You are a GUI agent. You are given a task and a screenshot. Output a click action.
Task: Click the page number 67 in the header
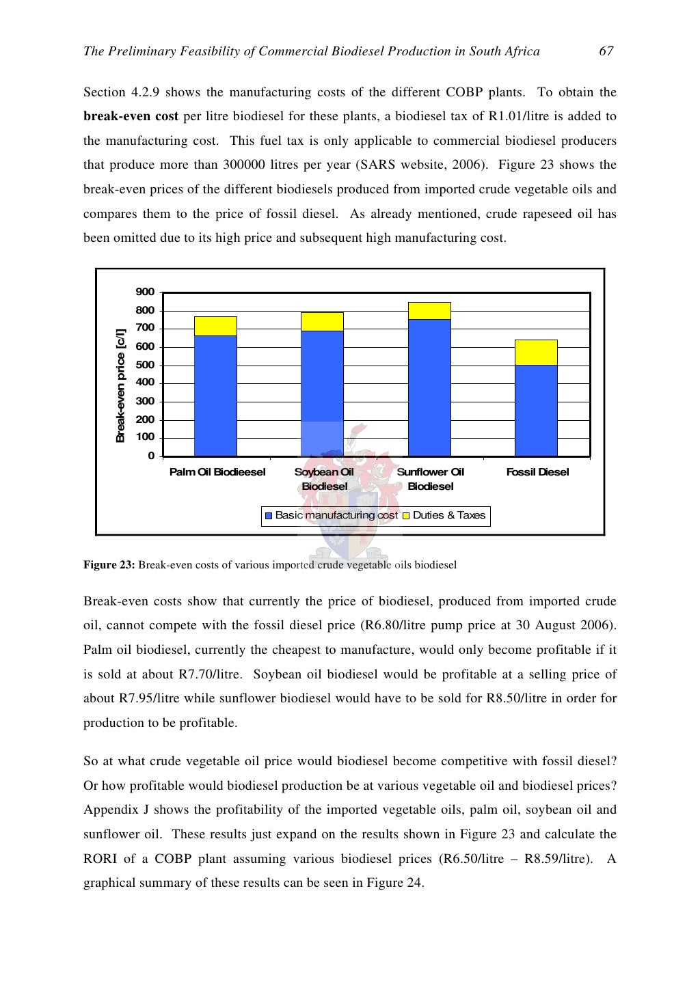[x=606, y=51]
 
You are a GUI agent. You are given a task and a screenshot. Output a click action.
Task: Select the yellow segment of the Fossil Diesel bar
[x=536, y=353]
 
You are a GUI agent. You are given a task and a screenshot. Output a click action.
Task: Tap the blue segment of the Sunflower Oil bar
[x=429, y=387]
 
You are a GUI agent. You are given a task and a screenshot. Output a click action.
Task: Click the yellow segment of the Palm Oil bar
[x=215, y=326]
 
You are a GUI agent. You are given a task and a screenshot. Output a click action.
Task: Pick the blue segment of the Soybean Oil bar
[x=322, y=383]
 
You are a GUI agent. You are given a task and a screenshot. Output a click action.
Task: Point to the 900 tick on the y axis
[x=145, y=292]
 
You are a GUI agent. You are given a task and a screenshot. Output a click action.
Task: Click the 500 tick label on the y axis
[x=145, y=365]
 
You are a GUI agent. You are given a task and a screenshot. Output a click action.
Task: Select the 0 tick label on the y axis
[x=151, y=456]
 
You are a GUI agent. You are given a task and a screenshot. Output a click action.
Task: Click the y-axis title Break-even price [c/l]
[x=120, y=385]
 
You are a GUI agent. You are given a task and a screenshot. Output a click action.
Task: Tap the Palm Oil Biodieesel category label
[x=217, y=472]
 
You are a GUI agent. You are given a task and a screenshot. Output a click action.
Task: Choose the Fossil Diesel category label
[x=537, y=472]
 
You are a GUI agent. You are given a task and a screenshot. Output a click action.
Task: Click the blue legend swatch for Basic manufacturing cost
[x=269, y=516]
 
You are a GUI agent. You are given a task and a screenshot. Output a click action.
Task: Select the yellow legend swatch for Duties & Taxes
[x=406, y=516]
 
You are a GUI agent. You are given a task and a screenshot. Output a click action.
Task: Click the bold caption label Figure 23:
[x=109, y=565]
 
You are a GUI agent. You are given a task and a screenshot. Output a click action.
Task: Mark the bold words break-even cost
[x=131, y=116]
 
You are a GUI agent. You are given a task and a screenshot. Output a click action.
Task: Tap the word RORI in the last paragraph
[x=100, y=859]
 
